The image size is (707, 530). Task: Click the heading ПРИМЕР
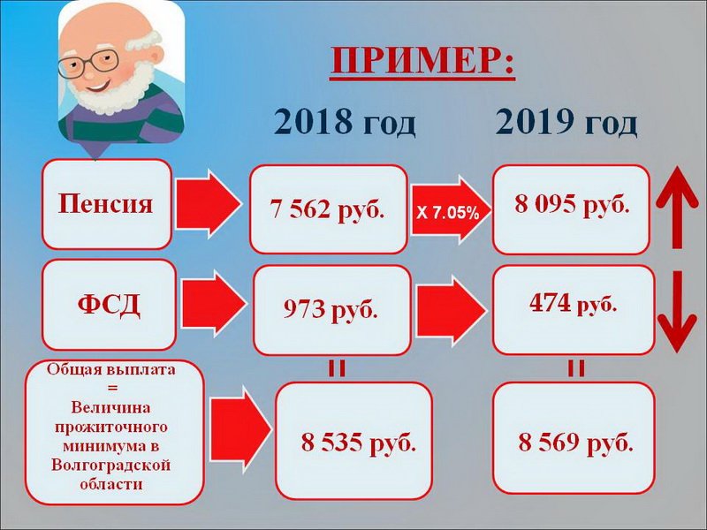pyautogui.click(x=422, y=61)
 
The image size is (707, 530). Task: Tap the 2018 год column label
pyautogui.click(x=344, y=122)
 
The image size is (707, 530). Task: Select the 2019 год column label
pyautogui.click(x=566, y=122)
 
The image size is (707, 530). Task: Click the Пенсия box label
pyautogui.click(x=105, y=204)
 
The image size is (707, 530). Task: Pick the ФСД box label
pyautogui.click(x=109, y=305)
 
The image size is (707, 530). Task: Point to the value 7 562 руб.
pyautogui.click(x=327, y=209)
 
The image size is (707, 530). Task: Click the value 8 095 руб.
pyautogui.click(x=572, y=205)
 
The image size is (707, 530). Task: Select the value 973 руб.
pyautogui.click(x=331, y=310)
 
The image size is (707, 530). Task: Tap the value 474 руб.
pyautogui.click(x=573, y=303)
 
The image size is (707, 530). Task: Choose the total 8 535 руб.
pyautogui.click(x=359, y=443)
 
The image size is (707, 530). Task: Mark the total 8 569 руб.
pyautogui.click(x=575, y=443)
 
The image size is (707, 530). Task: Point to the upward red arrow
pyautogui.click(x=677, y=208)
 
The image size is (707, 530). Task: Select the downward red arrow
pyautogui.click(x=677, y=312)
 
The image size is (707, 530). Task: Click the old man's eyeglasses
pyautogui.click(x=88, y=62)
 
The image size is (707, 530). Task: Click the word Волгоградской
pyautogui.click(x=111, y=466)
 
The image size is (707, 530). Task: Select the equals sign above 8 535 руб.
pyautogui.click(x=337, y=368)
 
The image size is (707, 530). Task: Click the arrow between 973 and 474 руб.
pyautogui.click(x=451, y=311)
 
